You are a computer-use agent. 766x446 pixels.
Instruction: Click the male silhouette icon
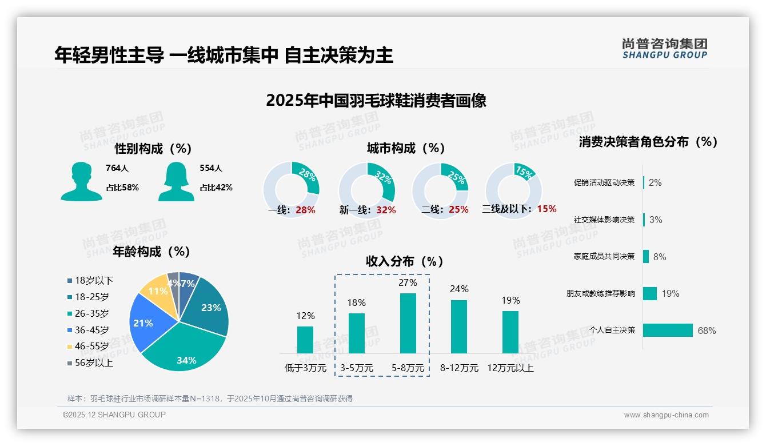(81, 181)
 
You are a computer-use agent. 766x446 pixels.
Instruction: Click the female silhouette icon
(176, 181)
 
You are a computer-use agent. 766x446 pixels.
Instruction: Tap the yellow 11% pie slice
(155, 292)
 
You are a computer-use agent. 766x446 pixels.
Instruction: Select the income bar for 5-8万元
(408, 323)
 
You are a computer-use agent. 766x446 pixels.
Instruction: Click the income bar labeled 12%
(305, 340)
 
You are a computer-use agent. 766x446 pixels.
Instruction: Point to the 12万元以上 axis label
(510, 368)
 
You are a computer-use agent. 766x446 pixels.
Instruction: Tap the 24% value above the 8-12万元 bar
(459, 289)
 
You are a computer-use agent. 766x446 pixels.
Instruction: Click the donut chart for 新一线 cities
(366, 190)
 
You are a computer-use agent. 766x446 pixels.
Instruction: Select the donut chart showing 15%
(513, 190)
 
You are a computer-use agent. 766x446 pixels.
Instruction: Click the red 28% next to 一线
(305, 210)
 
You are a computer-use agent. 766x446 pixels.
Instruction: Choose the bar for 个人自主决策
(668, 330)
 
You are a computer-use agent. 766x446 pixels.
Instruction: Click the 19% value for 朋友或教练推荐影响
(670, 293)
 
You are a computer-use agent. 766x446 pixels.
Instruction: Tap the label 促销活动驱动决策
(604, 182)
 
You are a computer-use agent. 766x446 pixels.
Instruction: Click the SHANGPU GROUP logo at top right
(665, 49)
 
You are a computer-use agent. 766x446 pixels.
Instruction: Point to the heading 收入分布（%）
(405, 261)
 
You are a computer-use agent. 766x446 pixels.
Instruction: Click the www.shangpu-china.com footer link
(666, 415)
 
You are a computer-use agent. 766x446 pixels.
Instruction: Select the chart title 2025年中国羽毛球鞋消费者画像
(376, 101)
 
